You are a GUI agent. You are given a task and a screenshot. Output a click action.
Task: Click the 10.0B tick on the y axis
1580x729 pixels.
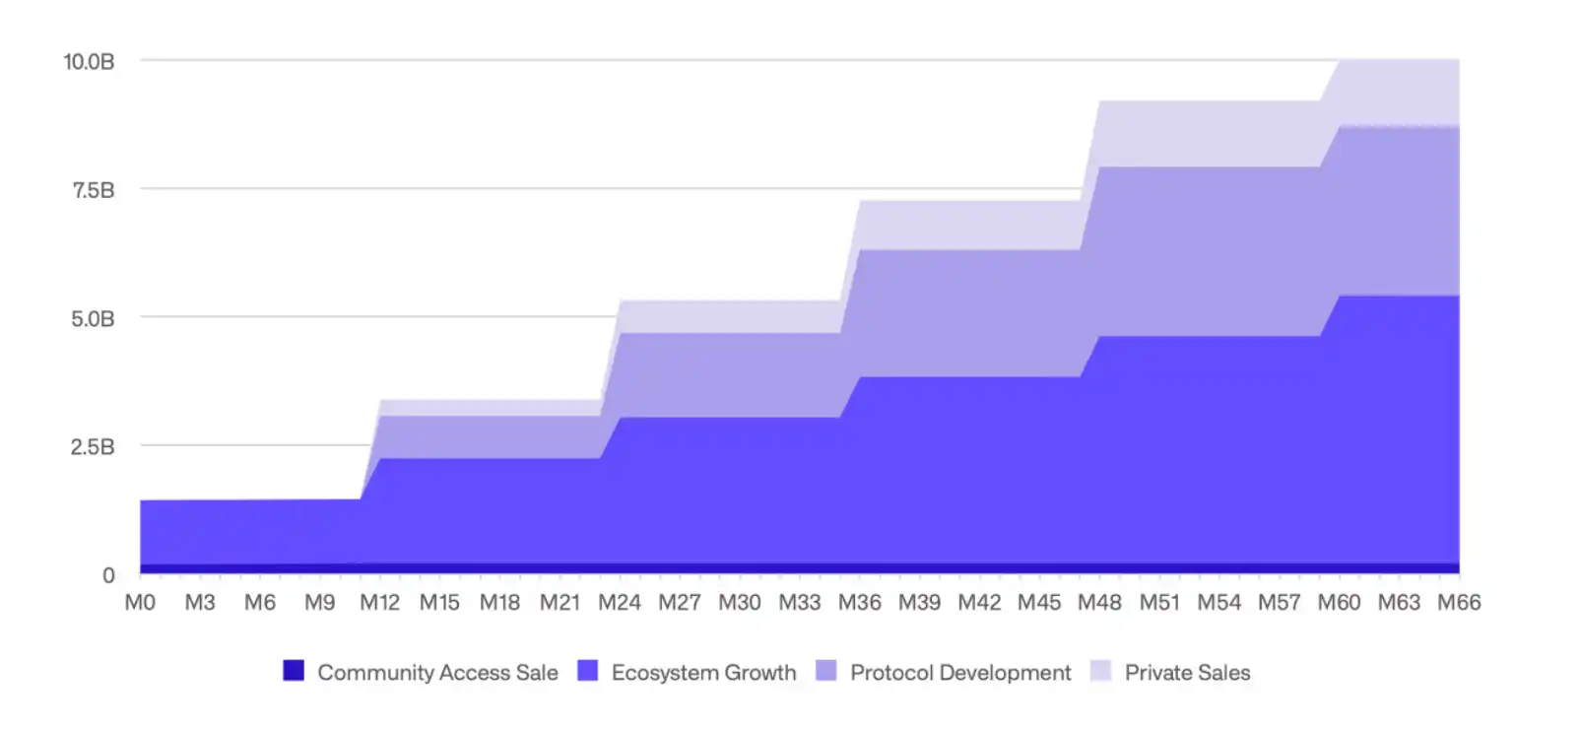coord(89,62)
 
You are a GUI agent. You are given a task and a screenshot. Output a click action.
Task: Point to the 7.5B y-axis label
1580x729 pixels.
coord(93,190)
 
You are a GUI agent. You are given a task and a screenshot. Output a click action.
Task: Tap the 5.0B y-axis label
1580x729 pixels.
coord(93,319)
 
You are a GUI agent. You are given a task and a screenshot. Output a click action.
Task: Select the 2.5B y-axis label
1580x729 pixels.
coord(93,447)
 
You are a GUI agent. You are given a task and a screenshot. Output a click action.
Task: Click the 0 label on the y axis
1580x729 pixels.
coord(108,575)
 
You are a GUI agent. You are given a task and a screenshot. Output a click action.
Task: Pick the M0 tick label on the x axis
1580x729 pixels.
coord(140,603)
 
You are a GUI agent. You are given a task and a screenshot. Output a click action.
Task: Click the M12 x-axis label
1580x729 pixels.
coord(379,603)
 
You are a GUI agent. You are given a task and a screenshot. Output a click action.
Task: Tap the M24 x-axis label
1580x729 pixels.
coord(620,603)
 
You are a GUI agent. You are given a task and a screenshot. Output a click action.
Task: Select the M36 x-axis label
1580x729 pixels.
coord(859,603)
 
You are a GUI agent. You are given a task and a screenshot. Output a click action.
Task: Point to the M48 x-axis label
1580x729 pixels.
coord(1099,603)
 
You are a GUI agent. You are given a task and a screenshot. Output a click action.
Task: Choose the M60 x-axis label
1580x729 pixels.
coord(1339,603)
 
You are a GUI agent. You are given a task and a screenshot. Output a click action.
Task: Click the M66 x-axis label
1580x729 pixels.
coord(1459,603)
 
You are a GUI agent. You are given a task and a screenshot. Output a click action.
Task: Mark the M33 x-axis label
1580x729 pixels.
coord(799,603)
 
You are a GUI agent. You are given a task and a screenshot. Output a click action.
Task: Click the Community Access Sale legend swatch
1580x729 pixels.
coord(294,671)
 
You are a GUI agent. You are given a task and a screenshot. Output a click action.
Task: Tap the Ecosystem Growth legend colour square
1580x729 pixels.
coord(588,671)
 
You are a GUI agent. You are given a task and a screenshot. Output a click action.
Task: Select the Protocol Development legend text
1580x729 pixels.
coord(960,673)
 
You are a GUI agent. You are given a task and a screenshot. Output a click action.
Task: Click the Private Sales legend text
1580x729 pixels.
coord(1187,673)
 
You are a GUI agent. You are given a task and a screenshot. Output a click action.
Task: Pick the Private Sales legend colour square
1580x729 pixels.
coord(1101,671)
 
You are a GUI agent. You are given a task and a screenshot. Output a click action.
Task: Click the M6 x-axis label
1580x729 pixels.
coord(260,603)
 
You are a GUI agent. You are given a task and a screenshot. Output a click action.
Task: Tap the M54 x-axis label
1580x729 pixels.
coord(1219,603)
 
